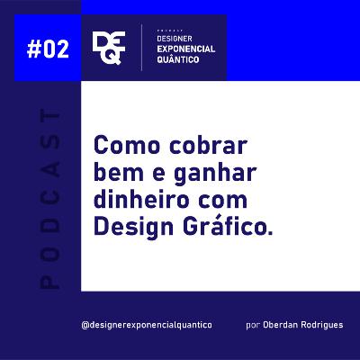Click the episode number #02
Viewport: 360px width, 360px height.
(x=41, y=49)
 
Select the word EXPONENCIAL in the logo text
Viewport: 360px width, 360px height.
(x=184, y=50)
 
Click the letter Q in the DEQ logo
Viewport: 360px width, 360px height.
(x=113, y=58)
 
